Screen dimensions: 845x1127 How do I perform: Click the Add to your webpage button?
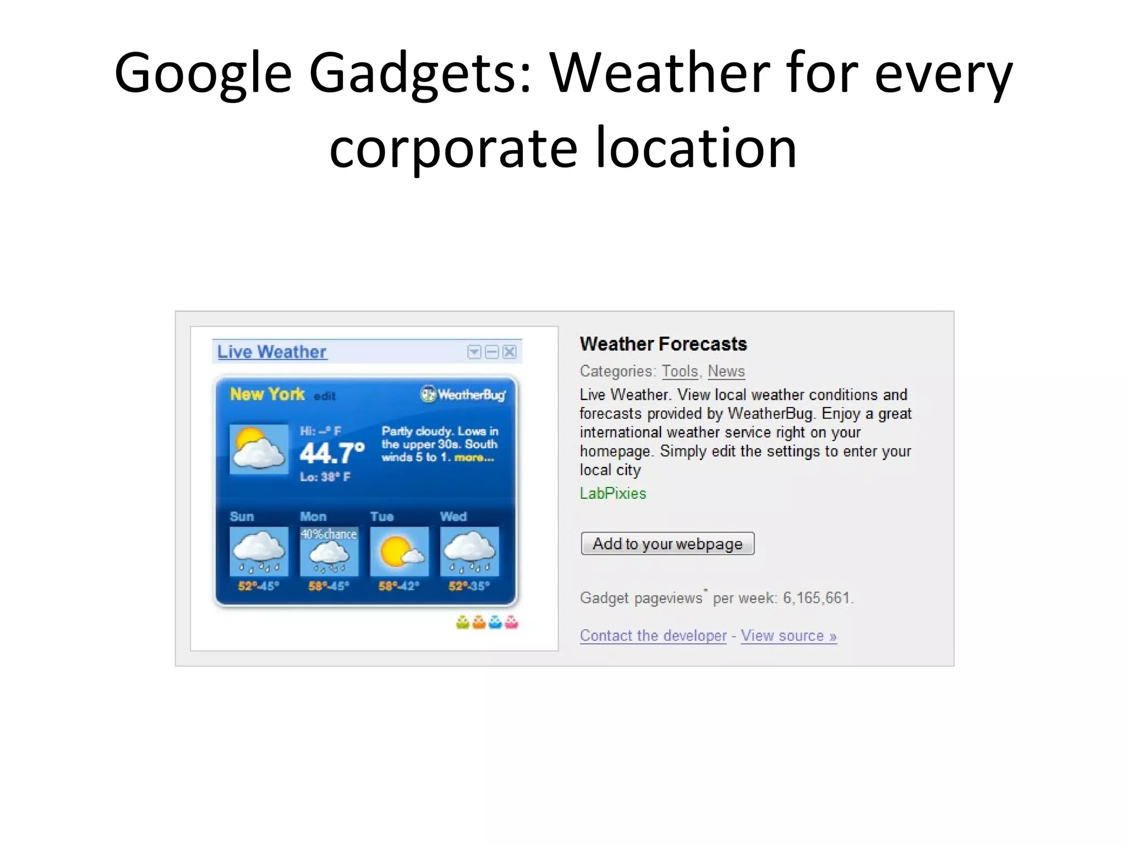(x=667, y=544)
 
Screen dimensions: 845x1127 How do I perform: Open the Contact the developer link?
(x=653, y=635)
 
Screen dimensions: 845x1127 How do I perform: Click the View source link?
(x=788, y=635)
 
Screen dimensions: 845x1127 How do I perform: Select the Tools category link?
(x=680, y=371)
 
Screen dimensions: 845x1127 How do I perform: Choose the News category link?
(x=726, y=371)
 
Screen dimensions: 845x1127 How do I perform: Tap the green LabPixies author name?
(x=613, y=493)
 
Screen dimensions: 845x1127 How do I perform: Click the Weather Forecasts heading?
(x=663, y=344)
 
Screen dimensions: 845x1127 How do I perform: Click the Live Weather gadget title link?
(x=272, y=352)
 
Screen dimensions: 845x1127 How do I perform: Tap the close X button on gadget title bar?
(x=510, y=352)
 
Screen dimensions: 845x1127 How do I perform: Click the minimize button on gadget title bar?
(x=492, y=352)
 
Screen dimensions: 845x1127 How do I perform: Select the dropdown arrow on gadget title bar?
(x=474, y=352)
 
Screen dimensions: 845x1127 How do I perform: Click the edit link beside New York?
(x=325, y=396)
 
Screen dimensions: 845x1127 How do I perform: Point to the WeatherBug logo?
(x=463, y=394)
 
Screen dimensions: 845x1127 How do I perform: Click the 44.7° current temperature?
(x=332, y=453)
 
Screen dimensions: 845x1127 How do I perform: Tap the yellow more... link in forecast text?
(x=474, y=458)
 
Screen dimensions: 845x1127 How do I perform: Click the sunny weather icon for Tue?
(x=399, y=552)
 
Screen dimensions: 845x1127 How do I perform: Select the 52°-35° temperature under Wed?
(x=469, y=586)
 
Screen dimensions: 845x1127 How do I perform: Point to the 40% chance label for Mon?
(x=329, y=534)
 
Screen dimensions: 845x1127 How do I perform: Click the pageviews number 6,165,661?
(x=817, y=598)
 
